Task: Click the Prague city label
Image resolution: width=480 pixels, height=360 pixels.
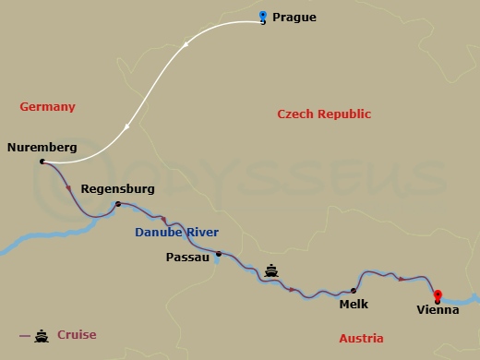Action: (x=295, y=18)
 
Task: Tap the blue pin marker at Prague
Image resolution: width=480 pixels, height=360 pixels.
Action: (x=263, y=17)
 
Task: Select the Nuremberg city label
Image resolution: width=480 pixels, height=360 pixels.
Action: (x=42, y=147)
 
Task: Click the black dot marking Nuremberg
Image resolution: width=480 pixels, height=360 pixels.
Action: (x=42, y=162)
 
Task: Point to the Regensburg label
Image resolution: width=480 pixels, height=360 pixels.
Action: (x=118, y=188)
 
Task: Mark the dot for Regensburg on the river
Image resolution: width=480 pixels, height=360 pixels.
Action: (x=117, y=203)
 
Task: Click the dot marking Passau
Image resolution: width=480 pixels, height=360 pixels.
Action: (x=218, y=254)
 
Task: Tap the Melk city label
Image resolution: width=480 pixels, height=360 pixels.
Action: (x=354, y=303)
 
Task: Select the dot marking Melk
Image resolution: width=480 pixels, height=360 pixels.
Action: (x=353, y=290)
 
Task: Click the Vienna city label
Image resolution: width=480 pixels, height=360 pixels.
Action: (x=438, y=310)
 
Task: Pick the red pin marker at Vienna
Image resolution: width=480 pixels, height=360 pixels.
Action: (x=438, y=295)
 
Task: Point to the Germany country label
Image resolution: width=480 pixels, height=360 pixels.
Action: (x=47, y=107)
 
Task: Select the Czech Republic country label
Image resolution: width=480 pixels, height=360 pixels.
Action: (x=324, y=114)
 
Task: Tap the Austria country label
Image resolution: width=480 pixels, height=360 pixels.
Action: (x=361, y=339)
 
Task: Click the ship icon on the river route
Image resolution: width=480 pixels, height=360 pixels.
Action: (x=271, y=270)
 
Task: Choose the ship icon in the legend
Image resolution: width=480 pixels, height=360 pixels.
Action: (x=41, y=335)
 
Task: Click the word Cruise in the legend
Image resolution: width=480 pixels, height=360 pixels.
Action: (x=77, y=335)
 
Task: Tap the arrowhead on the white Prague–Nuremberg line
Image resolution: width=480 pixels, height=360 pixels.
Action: (x=187, y=43)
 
